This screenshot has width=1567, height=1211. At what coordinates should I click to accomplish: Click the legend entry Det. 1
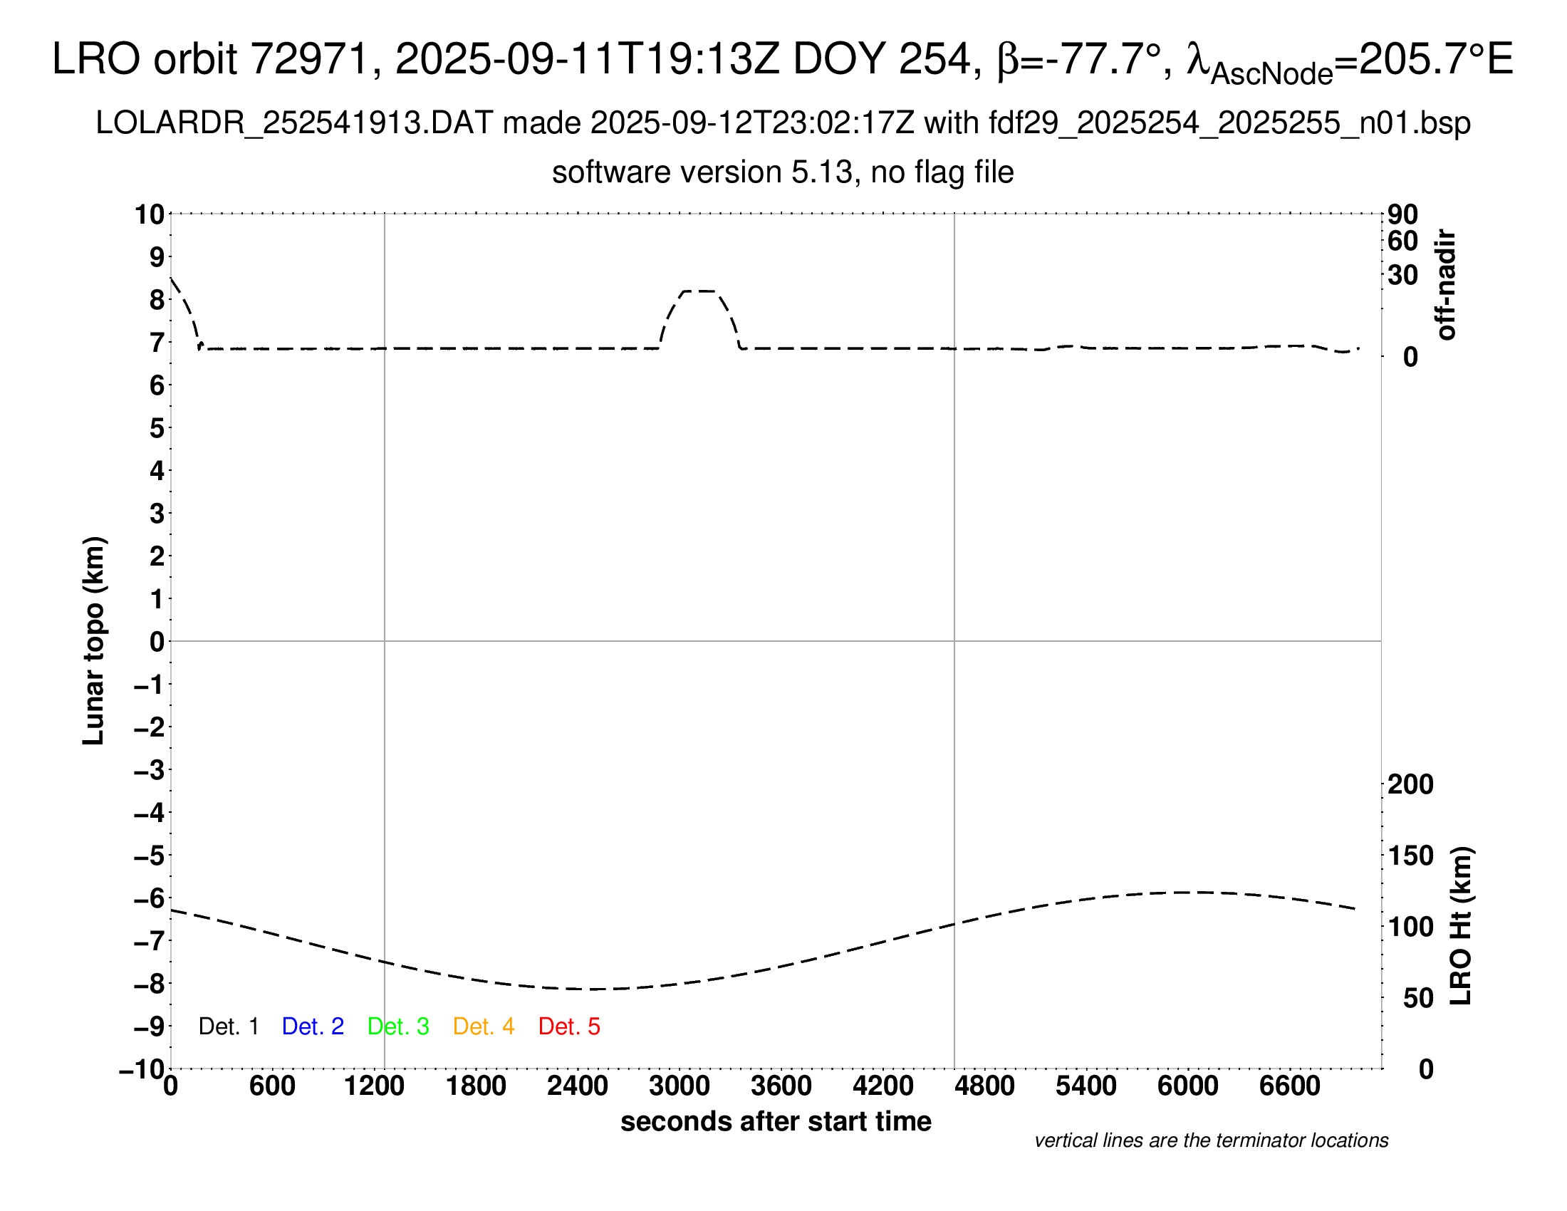228,1027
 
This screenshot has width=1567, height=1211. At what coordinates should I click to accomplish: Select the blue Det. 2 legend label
313,1027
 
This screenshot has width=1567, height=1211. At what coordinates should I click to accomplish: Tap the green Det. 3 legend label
398,1027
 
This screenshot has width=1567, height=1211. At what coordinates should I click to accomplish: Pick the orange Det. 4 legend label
484,1027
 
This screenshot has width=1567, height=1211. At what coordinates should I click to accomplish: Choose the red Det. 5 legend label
569,1027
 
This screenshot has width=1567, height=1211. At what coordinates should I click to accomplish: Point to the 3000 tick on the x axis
679,1086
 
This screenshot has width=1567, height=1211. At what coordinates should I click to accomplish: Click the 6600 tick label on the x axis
1289,1086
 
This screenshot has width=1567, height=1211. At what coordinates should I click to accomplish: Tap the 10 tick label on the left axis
150,214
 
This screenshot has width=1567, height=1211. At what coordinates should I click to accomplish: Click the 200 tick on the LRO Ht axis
1410,784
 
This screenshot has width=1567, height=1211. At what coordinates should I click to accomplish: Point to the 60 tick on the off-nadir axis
1402,241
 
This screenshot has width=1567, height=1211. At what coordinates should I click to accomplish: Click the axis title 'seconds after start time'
776,1121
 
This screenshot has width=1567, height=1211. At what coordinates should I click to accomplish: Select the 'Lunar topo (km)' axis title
94,640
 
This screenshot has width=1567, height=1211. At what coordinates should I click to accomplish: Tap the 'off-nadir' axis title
1446,285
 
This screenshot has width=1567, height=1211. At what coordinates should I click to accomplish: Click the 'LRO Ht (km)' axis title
1461,925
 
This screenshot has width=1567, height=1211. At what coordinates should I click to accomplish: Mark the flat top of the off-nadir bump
698,291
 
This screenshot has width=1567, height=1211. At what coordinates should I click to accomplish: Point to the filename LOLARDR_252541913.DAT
294,123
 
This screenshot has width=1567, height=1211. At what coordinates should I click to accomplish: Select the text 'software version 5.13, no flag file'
783,173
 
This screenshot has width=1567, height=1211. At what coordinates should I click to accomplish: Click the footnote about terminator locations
1211,1140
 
